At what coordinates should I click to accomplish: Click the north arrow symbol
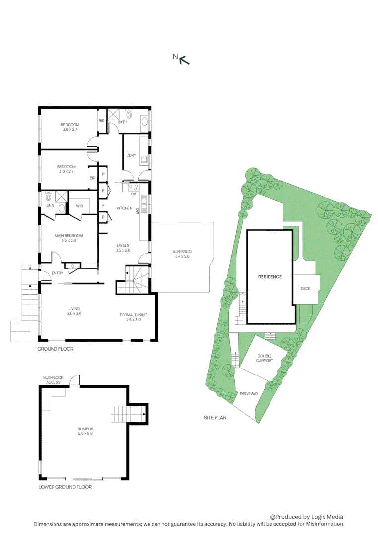tap(184, 60)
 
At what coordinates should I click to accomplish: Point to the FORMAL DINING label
tap(133, 315)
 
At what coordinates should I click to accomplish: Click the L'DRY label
tap(131, 155)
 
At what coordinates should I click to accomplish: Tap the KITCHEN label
tap(124, 208)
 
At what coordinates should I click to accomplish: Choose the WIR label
tap(79, 206)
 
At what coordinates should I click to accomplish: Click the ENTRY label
tap(58, 273)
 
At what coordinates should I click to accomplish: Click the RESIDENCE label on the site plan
tap(270, 277)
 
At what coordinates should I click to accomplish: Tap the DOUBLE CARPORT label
tap(265, 358)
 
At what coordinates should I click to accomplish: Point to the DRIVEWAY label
tap(249, 394)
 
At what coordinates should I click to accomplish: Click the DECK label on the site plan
tap(306, 288)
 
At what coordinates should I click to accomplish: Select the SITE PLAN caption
tap(215, 418)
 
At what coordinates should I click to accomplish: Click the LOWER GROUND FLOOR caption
tap(65, 487)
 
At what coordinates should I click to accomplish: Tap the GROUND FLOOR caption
tap(55, 349)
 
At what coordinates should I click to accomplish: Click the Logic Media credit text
tap(307, 517)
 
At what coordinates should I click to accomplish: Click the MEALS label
tap(123, 246)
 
